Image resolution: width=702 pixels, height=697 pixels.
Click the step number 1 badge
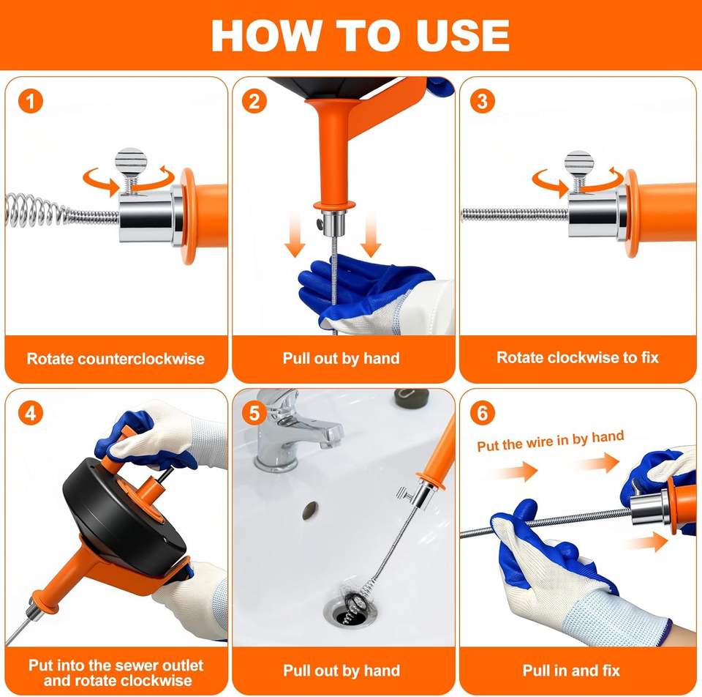31,101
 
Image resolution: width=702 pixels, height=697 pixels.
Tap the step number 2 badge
254,101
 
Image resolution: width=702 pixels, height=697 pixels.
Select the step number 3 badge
482,101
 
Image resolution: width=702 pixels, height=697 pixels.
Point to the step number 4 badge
31,413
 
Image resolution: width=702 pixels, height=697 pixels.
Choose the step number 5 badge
254,413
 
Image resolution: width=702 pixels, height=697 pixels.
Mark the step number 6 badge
482,413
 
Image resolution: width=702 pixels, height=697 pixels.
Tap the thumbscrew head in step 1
131,160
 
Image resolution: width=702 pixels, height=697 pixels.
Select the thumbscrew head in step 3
578,163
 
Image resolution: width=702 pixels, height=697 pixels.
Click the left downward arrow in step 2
295,234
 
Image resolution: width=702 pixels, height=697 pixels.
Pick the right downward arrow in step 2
371,234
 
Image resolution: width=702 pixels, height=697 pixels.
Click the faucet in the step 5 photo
292,430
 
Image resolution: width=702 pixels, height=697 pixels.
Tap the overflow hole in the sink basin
310,510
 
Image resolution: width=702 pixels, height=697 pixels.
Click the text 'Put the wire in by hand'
550,441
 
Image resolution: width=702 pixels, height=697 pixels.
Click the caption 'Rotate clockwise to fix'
578,358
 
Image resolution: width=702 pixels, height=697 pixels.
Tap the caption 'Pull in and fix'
571,671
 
